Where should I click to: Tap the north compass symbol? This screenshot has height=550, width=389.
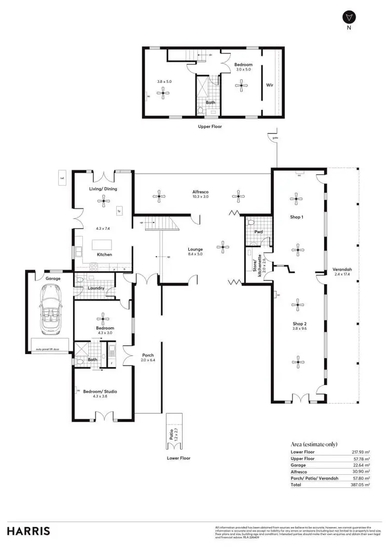click(348, 18)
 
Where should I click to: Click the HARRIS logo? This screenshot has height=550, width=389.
click(29, 531)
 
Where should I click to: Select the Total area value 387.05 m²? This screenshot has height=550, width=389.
click(360, 484)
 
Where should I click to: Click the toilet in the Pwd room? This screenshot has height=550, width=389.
click(252, 221)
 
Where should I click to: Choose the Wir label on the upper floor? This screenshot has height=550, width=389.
click(270, 84)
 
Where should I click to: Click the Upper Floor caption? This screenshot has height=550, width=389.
click(210, 126)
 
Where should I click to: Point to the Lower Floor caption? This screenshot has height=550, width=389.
click(179, 458)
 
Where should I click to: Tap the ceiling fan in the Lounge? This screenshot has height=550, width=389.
click(223, 247)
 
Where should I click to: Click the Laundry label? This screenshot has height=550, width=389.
click(96, 288)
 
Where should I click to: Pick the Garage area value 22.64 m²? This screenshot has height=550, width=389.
click(360, 465)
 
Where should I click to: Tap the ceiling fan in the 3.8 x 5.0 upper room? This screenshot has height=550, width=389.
click(164, 93)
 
